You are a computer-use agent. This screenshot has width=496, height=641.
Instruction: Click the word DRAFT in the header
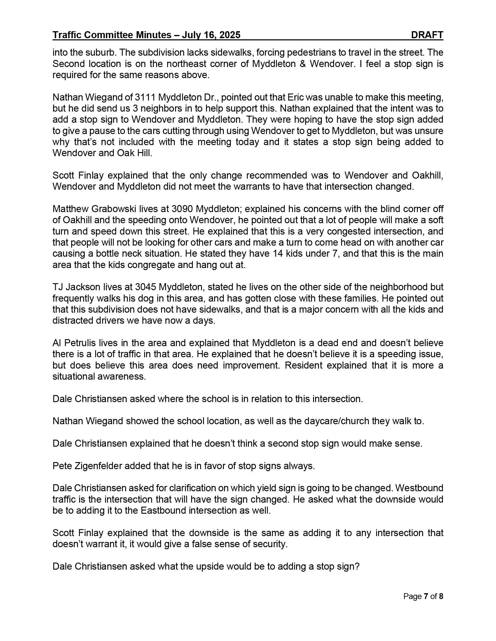point(427,35)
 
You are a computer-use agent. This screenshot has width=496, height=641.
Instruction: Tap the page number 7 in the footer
point(426,596)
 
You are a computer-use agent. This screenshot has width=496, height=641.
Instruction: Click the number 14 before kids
point(278,253)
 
